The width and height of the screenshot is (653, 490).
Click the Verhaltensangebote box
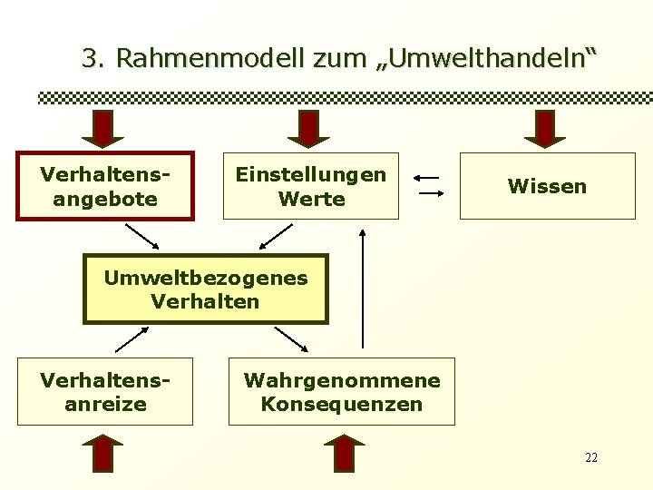pyautogui.click(x=105, y=186)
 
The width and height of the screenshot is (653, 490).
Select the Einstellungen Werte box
pyautogui.click(x=311, y=186)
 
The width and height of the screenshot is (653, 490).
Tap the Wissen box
pyautogui.click(x=547, y=186)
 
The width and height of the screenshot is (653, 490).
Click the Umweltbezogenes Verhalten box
pyautogui.click(x=206, y=289)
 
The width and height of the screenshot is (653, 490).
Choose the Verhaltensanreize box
pyautogui.click(x=105, y=391)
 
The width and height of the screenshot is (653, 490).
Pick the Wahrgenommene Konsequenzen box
pyautogui.click(x=341, y=391)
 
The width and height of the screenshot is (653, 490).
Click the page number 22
pyautogui.click(x=591, y=457)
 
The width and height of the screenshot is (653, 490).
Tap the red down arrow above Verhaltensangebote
pyautogui.click(x=103, y=128)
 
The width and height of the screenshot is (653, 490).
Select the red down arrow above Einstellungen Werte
pyautogui.click(x=310, y=128)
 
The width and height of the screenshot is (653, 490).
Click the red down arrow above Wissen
pyautogui.click(x=545, y=128)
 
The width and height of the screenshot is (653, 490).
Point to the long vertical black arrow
pyautogui.click(x=363, y=289)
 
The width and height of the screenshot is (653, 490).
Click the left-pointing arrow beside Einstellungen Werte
pyautogui.click(x=429, y=177)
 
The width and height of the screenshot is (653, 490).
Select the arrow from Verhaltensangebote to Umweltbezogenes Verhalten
pyautogui.click(x=141, y=236)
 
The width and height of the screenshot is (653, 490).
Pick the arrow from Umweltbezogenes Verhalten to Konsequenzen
pyautogui.click(x=292, y=338)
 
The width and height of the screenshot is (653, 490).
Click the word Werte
pyautogui.click(x=311, y=198)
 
